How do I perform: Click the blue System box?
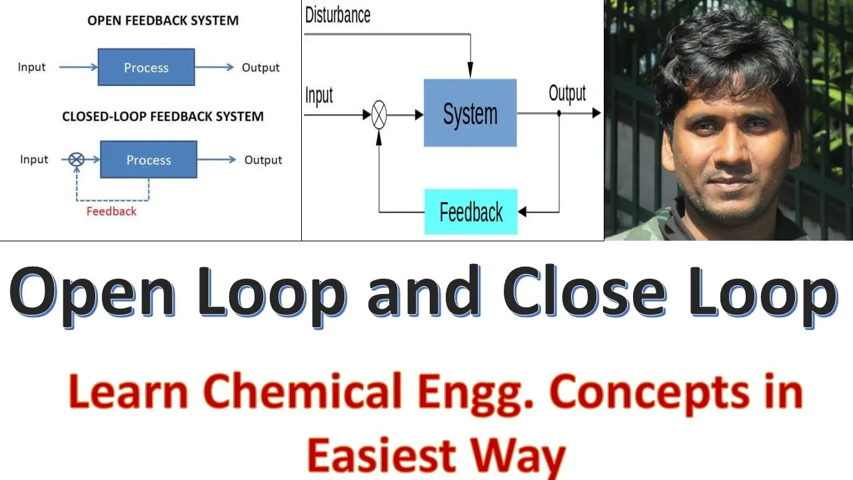(x=470, y=113)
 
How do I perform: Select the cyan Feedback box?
(x=470, y=212)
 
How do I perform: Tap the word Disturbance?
(x=337, y=15)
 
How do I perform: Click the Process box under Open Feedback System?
(x=146, y=67)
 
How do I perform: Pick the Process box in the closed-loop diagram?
(x=149, y=160)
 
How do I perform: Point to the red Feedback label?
(x=111, y=211)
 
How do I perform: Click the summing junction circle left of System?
(x=379, y=115)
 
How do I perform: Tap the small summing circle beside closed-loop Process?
(x=77, y=159)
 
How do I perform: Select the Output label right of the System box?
(x=567, y=94)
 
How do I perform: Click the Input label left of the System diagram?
(x=319, y=95)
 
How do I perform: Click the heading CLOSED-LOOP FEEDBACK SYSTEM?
(x=163, y=117)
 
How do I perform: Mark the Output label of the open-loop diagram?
(x=261, y=67)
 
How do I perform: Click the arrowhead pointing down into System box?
(x=470, y=71)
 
